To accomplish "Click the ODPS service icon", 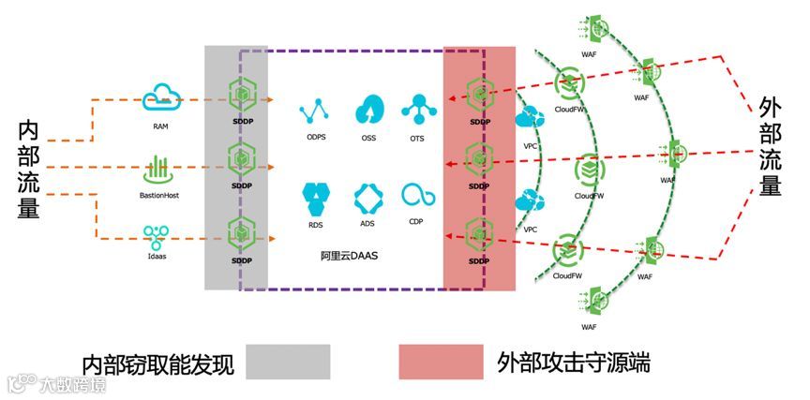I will click(314, 111).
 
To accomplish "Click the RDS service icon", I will click(315, 198).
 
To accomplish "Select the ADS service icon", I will click(367, 198).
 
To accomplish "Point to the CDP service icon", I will click(416, 195).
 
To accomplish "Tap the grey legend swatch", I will click(288, 361).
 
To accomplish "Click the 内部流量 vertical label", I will click(27, 169).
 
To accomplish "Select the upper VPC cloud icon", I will click(529, 118).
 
